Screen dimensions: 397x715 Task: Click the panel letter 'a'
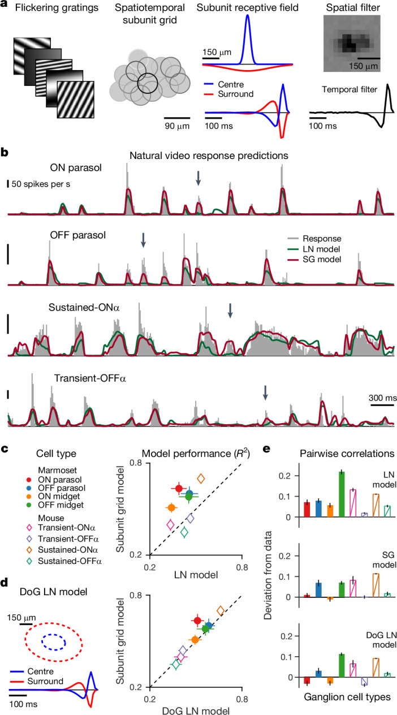[4, 5]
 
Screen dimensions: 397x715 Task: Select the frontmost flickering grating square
[76, 99]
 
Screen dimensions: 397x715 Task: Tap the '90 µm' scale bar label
[177, 126]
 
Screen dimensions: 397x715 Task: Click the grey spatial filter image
[352, 44]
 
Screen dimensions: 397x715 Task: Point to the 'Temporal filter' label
[349, 90]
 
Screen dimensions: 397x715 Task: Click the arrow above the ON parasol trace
[198, 178]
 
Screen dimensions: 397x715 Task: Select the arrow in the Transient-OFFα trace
[265, 393]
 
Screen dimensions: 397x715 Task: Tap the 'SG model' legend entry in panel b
[314, 260]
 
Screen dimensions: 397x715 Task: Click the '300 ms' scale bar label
[383, 398]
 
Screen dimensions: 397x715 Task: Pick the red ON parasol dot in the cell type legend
[29, 480]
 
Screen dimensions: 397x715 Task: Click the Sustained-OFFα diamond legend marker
[29, 561]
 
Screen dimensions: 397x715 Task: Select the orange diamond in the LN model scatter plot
[201, 479]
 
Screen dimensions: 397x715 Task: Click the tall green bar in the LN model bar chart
[342, 494]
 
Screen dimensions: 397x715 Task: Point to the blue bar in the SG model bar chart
[318, 590]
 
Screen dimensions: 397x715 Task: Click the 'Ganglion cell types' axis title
[347, 697]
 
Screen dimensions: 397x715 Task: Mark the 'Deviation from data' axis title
[268, 575]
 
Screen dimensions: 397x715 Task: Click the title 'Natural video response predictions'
[209, 156]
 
